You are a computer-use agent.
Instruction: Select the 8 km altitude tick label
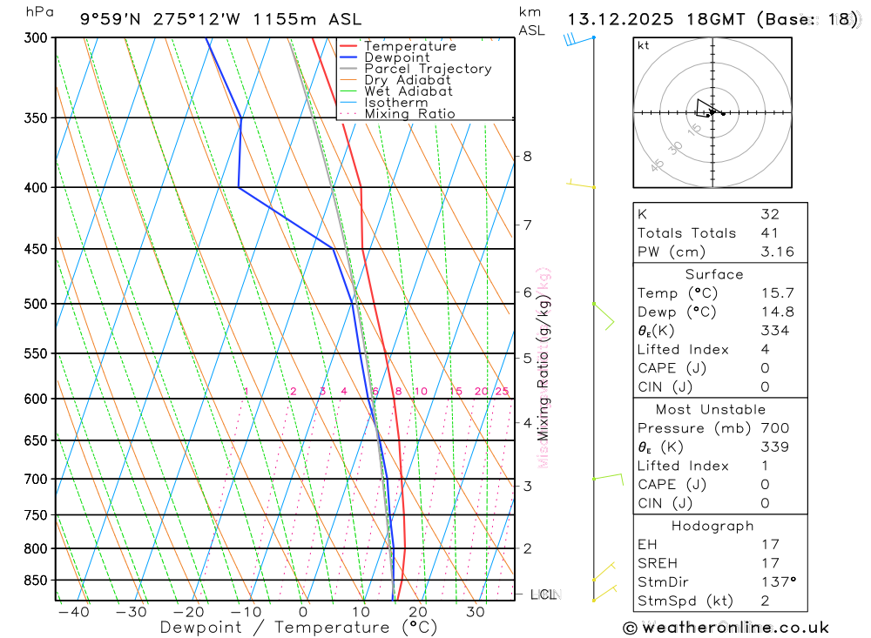click(x=527, y=157)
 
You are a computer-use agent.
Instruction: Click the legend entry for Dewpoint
click(x=396, y=57)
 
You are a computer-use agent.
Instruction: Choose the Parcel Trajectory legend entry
click(x=427, y=69)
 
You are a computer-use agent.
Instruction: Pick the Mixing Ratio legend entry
click(x=409, y=114)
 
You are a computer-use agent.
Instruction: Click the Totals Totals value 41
click(x=769, y=233)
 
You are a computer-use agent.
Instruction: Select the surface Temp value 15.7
click(x=777, y=293)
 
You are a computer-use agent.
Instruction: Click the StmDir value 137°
click(x=777, y=582)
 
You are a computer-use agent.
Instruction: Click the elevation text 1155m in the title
click(x=280, y=19)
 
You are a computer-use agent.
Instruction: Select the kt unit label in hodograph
click(x=644, y=46)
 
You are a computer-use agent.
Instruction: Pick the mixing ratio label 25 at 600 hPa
click(x=502, y=392)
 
